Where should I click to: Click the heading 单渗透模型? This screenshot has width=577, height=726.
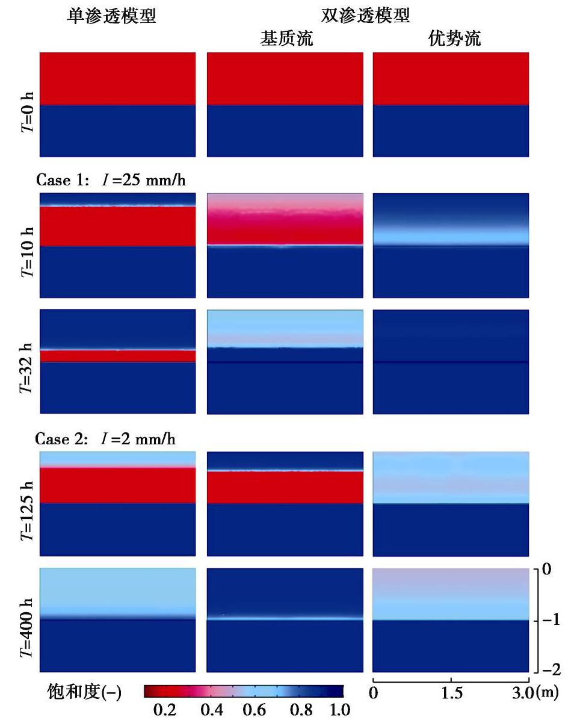(111, 16)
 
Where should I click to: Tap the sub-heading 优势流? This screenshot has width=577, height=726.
(452, 39)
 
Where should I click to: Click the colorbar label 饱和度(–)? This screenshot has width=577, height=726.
(84, 693)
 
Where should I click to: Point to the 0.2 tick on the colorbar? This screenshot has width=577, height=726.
(165, 710)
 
